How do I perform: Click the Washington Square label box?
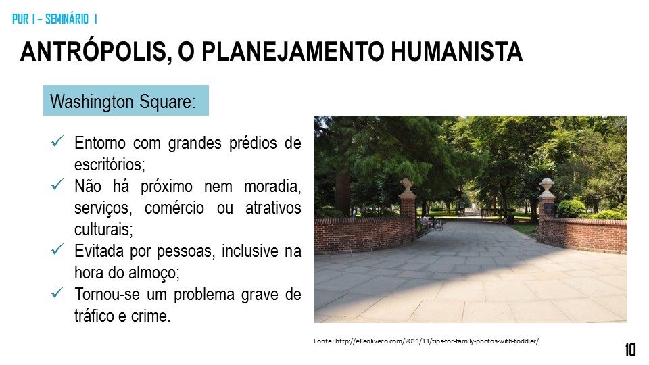[x=126, y=101]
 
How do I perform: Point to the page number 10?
[x=630, y=349]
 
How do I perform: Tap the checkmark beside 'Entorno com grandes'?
[x=57, y=143]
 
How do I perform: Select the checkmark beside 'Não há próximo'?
[x=57, y=185]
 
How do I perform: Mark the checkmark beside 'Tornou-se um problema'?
[x=57, y=293]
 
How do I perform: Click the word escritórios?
[x=109, y=164]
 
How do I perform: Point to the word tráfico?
[x=95, y=315]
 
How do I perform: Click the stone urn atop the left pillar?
[x=407, y=186]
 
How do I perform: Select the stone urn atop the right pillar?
[x=546, y=185]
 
